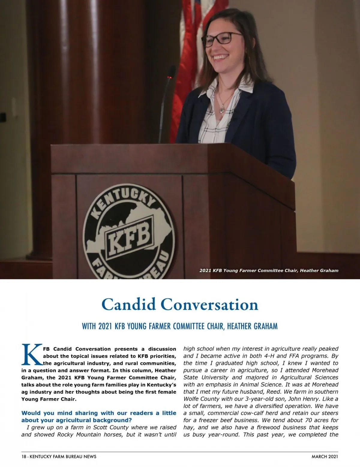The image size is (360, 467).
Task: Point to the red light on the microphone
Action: [x=170, y=77]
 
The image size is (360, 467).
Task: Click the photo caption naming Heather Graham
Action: [x=269, y=270]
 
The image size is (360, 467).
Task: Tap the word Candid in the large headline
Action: [x=129, y=305]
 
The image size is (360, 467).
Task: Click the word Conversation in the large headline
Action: [x=209, y=305]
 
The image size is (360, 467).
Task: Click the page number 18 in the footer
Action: [x=24, y=457]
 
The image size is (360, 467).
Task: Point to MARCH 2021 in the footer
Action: [x=325, y=457]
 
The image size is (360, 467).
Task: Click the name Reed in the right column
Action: [x=272, y=391]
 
